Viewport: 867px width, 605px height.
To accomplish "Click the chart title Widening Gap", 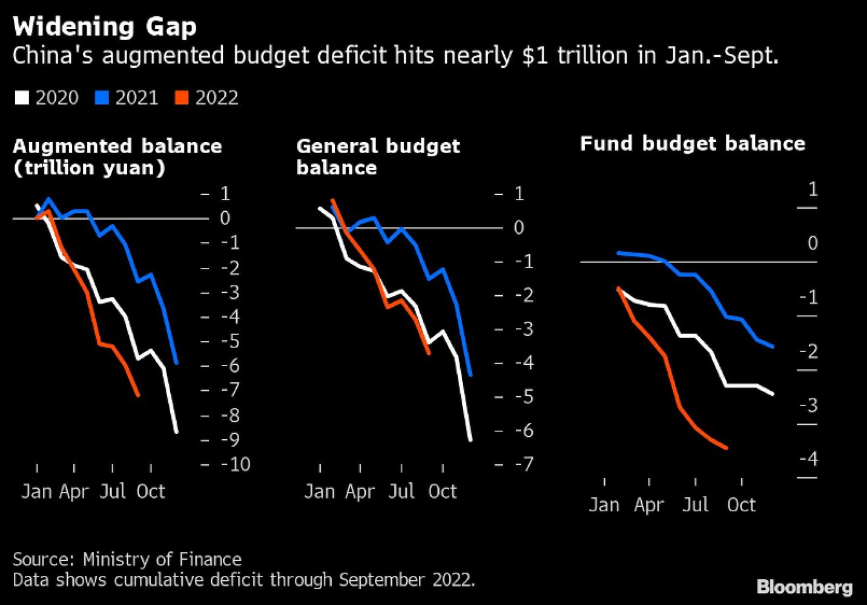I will pos(105,27).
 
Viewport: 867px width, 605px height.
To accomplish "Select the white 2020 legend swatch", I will pos(22,98).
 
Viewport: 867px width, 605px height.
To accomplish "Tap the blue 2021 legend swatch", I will pos(102,98).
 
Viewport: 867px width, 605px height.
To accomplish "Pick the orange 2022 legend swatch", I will pos(182,98).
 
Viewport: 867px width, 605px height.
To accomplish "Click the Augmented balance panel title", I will pos(117,157).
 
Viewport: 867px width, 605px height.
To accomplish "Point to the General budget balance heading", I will pos(378,157).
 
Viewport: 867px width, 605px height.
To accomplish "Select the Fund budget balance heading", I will pos(692,143).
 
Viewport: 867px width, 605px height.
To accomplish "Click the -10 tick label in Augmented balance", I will pos(236,464).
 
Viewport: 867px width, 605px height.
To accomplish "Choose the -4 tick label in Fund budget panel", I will pos(808,459).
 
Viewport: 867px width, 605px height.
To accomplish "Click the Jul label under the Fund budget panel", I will pos(695,505).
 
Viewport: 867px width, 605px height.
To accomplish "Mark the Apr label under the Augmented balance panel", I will pos(74,491).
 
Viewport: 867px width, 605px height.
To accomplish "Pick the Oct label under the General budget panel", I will pos(442,491).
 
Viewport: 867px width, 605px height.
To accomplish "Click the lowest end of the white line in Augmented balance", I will pos(177,432).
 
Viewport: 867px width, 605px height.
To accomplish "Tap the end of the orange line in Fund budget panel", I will pos(727,448).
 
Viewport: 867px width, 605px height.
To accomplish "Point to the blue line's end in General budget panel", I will pos(470,375).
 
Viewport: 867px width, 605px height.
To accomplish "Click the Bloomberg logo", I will pos(804,587).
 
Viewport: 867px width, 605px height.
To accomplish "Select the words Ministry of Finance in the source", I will pos(162,559).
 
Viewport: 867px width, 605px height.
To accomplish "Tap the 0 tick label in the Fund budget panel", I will pos(813,243).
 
